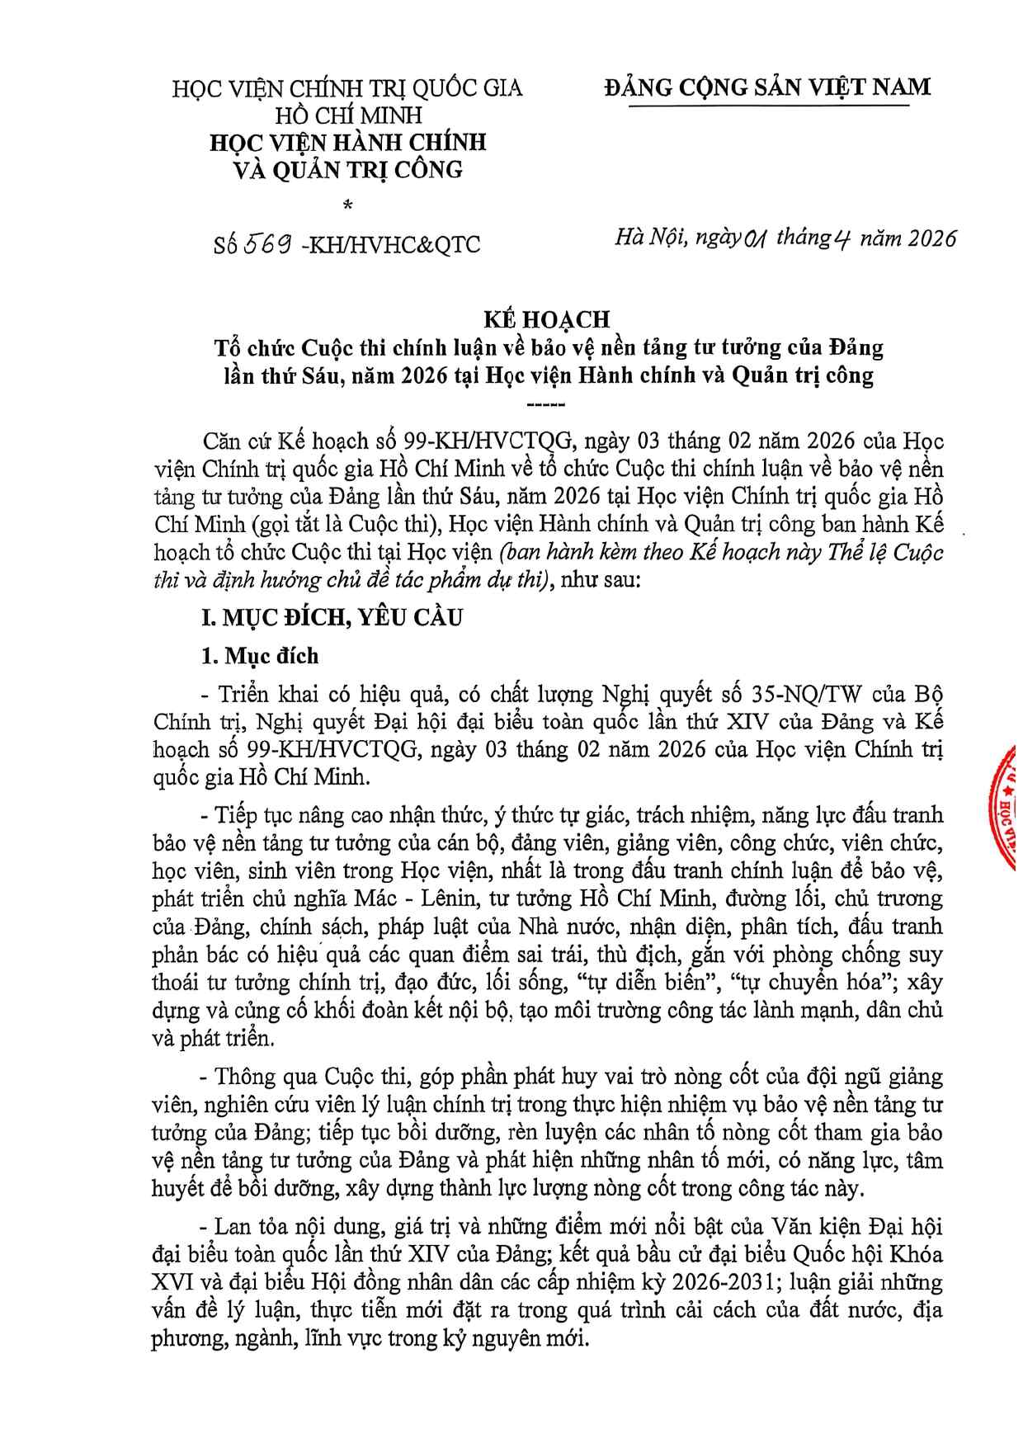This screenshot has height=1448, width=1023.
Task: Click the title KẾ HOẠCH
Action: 545,319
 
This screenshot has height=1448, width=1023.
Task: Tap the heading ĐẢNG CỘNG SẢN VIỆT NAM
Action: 766,87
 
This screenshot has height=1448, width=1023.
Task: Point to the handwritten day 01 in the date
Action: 756,239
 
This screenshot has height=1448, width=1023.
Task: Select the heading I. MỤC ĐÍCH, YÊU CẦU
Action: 332,617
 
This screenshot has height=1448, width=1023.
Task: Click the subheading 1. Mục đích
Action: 260,655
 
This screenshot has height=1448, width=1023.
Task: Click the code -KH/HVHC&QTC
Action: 391,245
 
